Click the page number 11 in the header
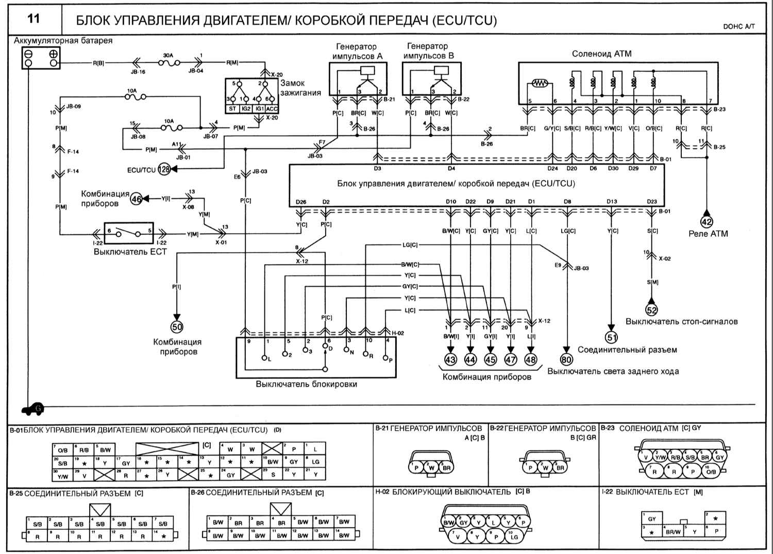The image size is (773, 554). (x=33, y=19)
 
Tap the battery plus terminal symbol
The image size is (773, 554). (x=53, y=54)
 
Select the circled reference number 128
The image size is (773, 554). (x=164, y=169)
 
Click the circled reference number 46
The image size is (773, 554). (x=136, y=199)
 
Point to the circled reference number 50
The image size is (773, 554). (x=177, y=327)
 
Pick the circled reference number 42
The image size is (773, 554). (x=707, y=222)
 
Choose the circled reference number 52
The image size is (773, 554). (x=651, y=309)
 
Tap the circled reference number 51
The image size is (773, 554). (x=611, y=337)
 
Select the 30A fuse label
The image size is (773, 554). (x=168, y=55)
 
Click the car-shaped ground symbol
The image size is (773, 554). (x=33, y=409)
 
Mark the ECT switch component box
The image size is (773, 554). (x=128, y=234)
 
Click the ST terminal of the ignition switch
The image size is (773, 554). (x=232, y=109)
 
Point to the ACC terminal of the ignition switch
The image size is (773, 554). (x=272, y=109)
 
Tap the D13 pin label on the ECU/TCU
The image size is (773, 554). (x=612, y=202)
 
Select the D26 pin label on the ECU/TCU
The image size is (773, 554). (x=301, y=202)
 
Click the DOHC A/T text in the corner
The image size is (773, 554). (x=738, y=26)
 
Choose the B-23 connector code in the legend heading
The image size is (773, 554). (x=607, y=428)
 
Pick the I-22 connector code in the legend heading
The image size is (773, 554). (x=607, y=492)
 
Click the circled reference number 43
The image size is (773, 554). (x=450, y=360)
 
